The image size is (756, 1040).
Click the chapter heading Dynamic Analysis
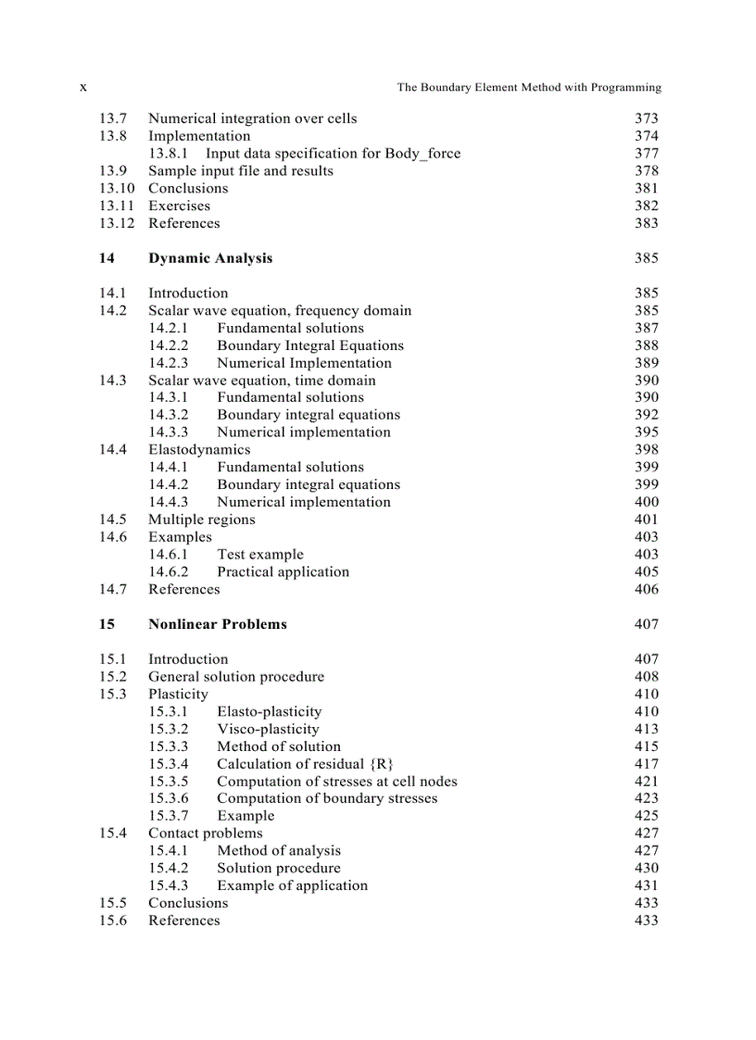[210, 258]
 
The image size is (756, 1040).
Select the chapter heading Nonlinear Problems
[218, 624]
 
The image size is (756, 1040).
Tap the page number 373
[646, 119]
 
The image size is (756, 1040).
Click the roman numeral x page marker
[83, 87]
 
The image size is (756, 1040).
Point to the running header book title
[529, 88]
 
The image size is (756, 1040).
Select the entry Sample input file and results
[241, 171]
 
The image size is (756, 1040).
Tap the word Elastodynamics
[199, 450]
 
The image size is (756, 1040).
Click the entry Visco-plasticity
[268, 729]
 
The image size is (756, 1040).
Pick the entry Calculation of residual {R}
[306, 764]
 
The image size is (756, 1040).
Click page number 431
[647, 885]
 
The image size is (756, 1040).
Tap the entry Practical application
[283, 572]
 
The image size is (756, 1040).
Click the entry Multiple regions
[202, 520]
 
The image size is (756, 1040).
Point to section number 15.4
[113, 833]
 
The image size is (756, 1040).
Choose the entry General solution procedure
[236, 677]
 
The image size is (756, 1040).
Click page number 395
[647, 432]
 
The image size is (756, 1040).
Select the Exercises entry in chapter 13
[180, 206]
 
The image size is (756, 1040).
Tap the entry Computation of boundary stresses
[327, 798]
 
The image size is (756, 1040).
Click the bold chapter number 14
[107, 258]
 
